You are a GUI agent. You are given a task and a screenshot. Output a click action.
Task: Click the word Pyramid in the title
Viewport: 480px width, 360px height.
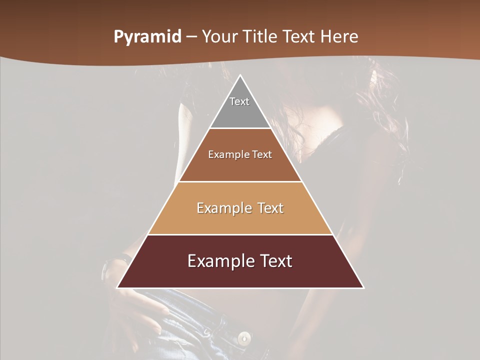(x=147, y=37)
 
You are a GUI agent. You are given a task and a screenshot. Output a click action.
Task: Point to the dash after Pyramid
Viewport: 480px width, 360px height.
(x=191, y=37)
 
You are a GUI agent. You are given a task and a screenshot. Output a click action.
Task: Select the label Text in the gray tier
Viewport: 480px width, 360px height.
(x=239, y=101)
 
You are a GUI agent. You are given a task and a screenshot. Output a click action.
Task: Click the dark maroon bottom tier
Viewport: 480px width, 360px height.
(x=240, y=275)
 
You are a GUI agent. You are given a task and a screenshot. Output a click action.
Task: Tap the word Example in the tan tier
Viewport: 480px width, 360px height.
(x=223, y=208)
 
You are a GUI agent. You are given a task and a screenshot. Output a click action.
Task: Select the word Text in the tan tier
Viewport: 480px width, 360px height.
(x=270, y=208)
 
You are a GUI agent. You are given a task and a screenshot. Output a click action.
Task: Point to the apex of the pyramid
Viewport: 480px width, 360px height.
(x=240, y=76)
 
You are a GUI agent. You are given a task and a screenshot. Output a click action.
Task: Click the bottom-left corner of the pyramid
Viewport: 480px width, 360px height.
(x=118, y=287)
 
